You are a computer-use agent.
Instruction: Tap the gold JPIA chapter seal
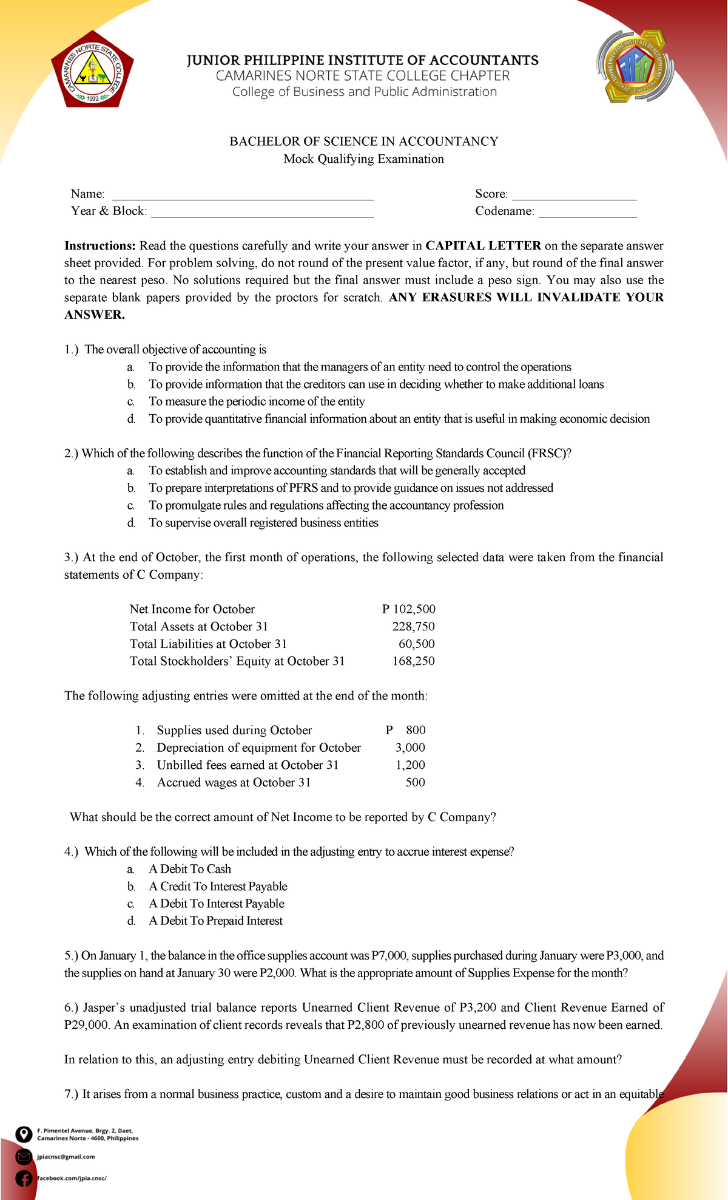pos(636,68)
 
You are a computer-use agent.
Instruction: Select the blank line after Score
pos(574,196)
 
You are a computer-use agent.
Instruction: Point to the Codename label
pos(505,211)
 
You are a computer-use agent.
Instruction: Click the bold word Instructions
pos(100,246)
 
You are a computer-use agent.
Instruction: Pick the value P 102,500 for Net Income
pos(409,609)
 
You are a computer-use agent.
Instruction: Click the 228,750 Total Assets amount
pos(413,627)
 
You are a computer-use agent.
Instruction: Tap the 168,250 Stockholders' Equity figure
pos(413,661)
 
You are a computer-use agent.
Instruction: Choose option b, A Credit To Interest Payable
pos(218,887)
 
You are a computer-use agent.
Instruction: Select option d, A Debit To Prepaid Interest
pos(215,921)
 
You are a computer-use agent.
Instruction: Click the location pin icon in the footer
pos(23,1134)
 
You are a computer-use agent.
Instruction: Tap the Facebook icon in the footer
pos(23,1178)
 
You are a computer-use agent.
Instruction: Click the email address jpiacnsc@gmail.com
pos(66,1157)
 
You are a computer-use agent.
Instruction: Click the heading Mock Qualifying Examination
pos(363,159)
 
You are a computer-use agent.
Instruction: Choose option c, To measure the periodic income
pos(257,401)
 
